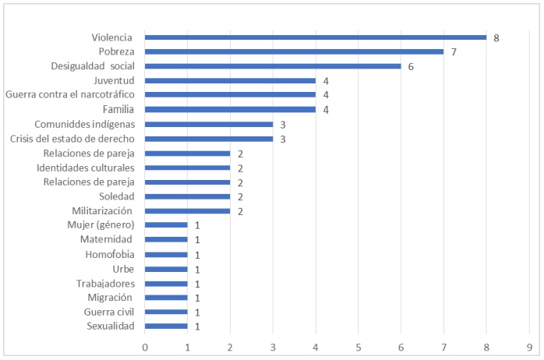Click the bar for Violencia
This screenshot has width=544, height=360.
click(315, 37)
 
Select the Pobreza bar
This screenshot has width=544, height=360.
click(294, 51)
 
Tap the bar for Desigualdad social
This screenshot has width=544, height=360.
click(272, 66)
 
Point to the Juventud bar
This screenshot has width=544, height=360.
click(230, 80)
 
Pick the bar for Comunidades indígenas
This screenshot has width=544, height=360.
click(208, 124)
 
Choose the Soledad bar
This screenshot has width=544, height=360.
click(187, 196)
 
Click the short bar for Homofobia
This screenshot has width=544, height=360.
click(166, 254)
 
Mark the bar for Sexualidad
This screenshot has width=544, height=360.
click(166, 326)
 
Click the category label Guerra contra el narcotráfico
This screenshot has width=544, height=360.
click(69, 95)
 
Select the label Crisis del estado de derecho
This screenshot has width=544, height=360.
click(72, 139)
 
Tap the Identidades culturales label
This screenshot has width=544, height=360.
click(86, 168)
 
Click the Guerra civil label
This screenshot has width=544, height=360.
click(109, 312)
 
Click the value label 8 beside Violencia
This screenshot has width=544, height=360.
click(496, 37)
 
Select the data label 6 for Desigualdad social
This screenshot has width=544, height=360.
click(411, 66)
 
